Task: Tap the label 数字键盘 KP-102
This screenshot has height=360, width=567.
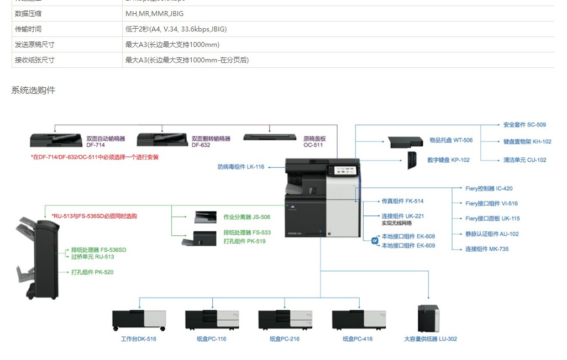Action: (x=448, y=160)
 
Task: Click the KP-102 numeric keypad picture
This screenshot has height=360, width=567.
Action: (x=412, y=160)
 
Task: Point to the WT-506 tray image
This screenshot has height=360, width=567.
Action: (x=406, y=141)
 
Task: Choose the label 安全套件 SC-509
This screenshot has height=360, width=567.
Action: (x=524, y=125)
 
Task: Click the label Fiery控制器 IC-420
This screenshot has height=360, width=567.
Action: (x=489, y=189)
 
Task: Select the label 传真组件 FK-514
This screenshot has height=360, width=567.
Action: (x=402, y=202)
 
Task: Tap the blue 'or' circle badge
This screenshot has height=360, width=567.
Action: (x=374, y=241)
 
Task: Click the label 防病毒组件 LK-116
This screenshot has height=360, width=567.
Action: (x=241, y=167)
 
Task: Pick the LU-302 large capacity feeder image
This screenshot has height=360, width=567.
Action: (x=428, y=318)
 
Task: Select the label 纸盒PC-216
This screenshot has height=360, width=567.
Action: (x=285, y=339)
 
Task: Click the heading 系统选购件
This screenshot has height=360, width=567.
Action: (x=33, y=90)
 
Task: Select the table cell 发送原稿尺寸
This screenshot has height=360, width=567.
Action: (x=35, y=45)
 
